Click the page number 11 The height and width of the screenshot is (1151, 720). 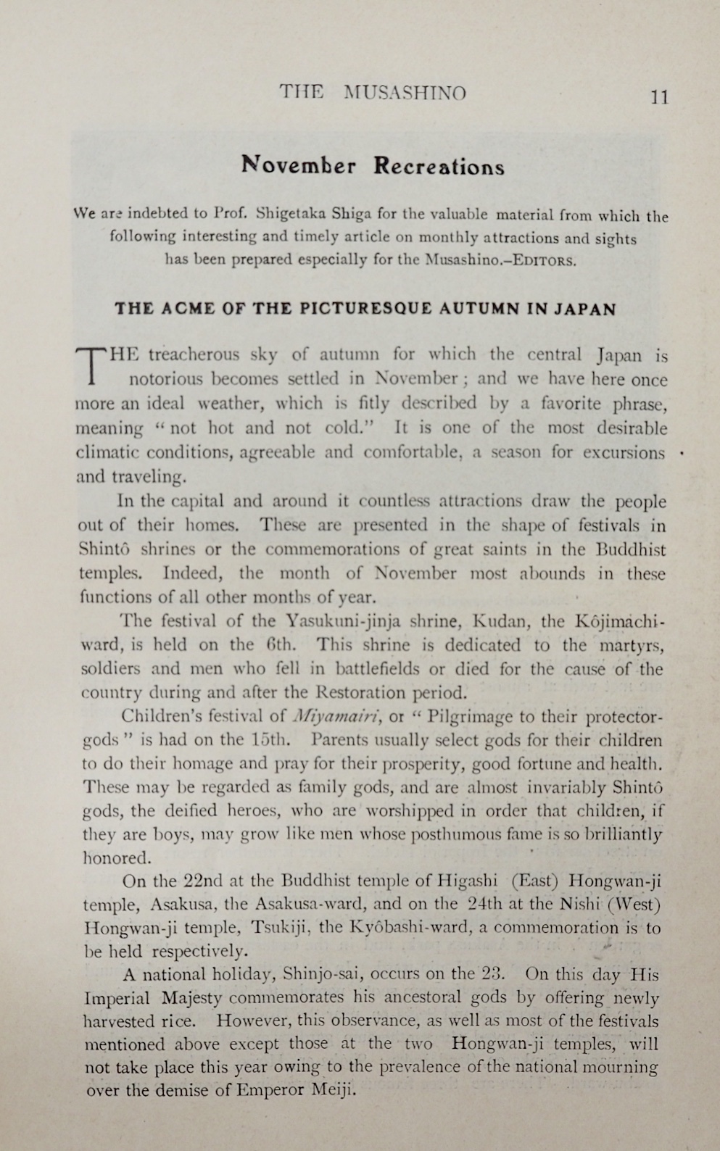[659, 97]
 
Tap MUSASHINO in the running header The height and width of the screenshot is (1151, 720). [405, 93]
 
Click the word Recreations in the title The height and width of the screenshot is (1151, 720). [439, 166]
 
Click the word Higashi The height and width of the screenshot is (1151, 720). [467, 881]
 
